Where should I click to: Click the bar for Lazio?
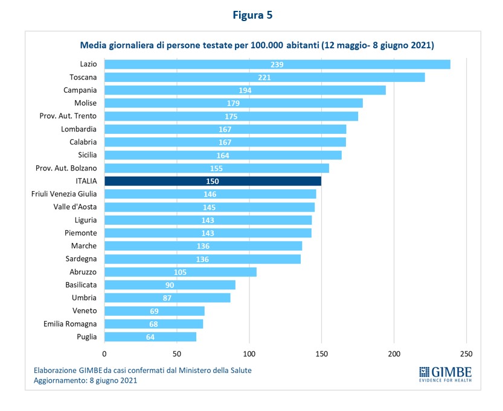coord(277,64)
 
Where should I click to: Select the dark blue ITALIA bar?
coord(213,181)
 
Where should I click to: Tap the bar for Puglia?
coord(150,337)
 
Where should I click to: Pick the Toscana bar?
coord(264,77)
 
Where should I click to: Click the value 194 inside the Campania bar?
coord(245,90)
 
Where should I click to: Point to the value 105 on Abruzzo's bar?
coord(180,272)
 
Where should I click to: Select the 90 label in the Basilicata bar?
coord(170,285)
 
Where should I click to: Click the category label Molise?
coord(85,103)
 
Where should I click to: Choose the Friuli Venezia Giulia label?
coord(64,193)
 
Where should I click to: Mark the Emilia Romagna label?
coord(70,324)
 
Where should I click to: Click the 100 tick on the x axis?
coord(249,353)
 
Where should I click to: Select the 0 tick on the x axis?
coord(104,353)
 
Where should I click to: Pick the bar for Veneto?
coord(155,311)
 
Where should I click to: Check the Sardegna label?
coord(80,259)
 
